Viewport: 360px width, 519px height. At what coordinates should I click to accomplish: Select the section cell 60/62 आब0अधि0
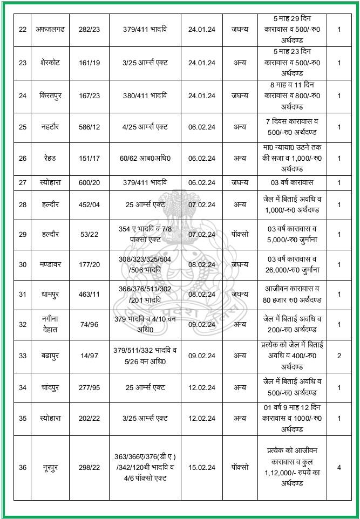(x=143, y=159)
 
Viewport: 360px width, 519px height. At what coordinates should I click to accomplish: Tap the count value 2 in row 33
(x=339, y=357)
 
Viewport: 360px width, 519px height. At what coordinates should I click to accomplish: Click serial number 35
(x=22, y=418)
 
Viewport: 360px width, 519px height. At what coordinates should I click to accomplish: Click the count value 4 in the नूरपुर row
(x=339, y=467)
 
